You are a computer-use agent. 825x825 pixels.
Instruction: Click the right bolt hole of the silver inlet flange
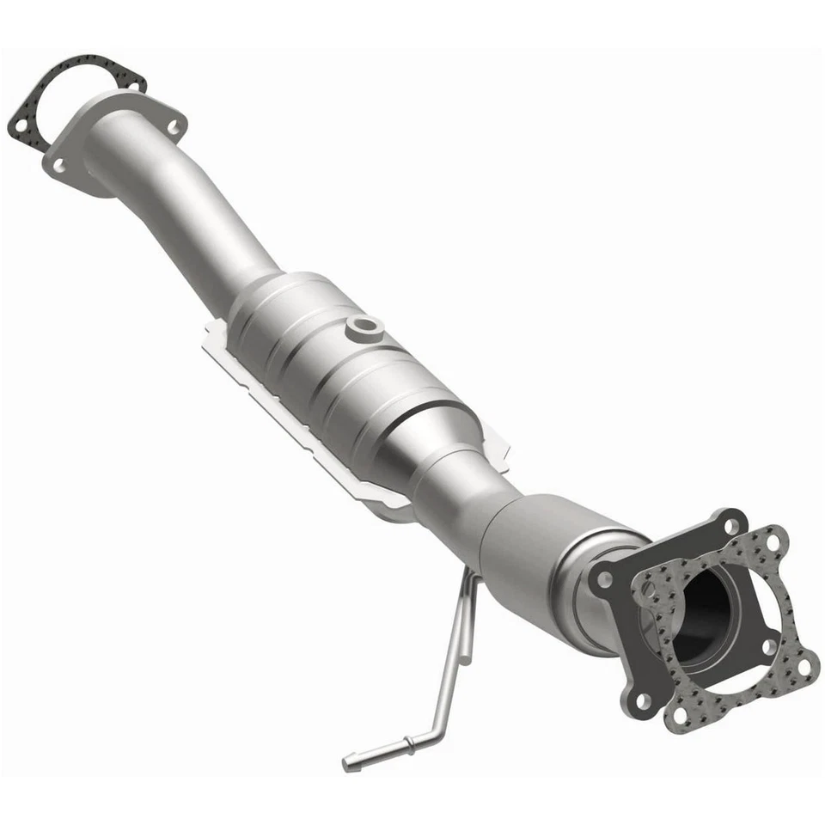point(174,127)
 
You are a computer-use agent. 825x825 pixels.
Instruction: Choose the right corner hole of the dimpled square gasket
point(804,664)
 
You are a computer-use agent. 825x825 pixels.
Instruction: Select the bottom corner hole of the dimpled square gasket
point(679,715)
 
